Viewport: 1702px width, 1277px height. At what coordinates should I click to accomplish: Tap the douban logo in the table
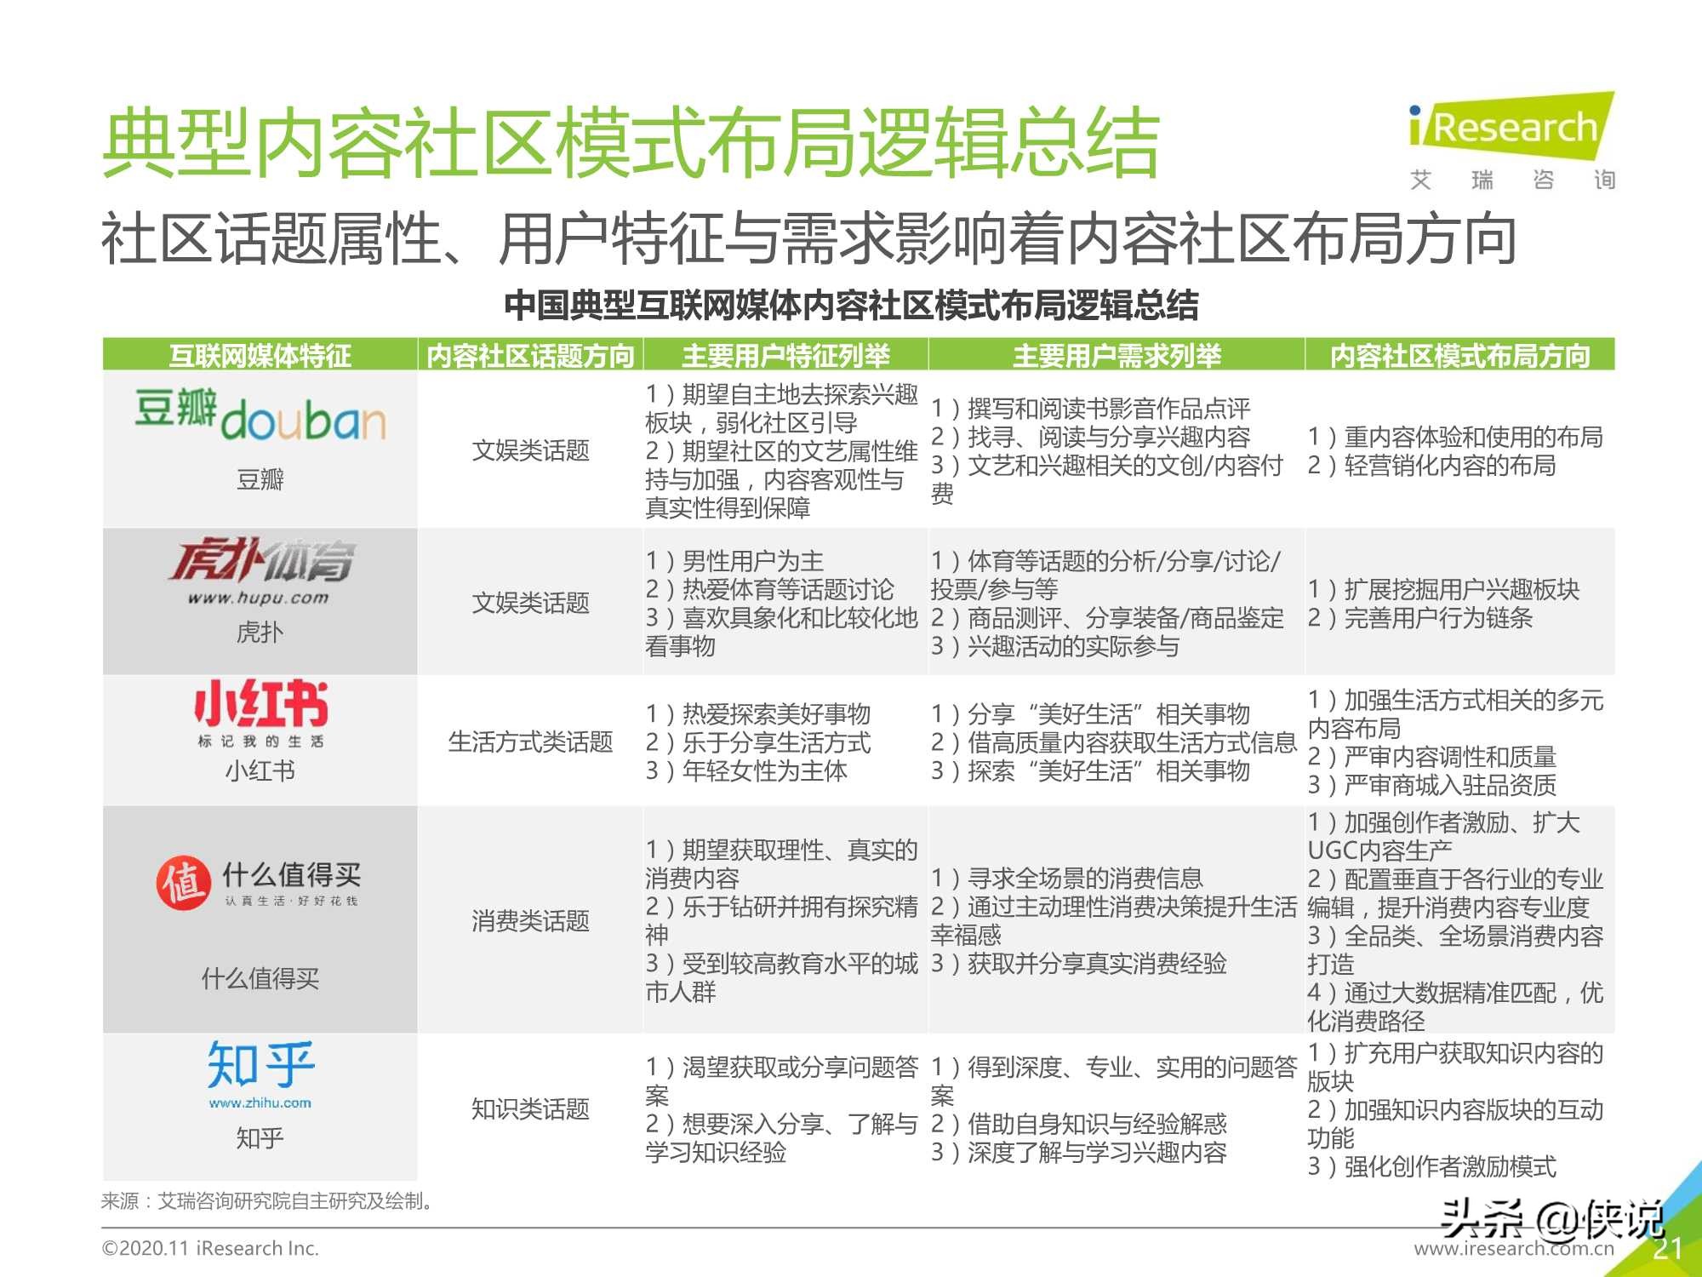(x=260, y=415)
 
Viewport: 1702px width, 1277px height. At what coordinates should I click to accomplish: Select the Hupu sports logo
(x=260, y=570)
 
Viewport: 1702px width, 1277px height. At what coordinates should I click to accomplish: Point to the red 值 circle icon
(x=183, y=882)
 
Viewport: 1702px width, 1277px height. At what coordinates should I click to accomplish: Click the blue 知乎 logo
(x=260, y=1073)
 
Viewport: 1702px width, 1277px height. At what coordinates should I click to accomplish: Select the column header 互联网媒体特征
(x=260, y=355)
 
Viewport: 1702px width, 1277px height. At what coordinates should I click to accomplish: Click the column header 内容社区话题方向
(x=530, y=355)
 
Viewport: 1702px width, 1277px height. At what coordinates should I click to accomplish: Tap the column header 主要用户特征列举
(x=785, y=355)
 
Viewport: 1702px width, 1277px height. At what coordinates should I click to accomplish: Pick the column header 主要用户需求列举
(x=1117, y=355)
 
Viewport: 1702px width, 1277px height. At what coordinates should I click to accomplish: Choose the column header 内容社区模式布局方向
(x=1459, y=355)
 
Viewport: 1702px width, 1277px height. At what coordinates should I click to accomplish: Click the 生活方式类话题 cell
(x=530, y=742)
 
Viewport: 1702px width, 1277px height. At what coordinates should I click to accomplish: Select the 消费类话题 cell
(x=530, y=921)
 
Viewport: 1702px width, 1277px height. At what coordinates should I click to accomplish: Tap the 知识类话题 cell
(x=530, y=1109)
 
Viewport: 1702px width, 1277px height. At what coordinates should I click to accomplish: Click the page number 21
(x=1667, y=1249)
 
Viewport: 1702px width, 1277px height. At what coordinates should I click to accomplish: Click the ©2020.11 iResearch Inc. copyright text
(x=210, y=1249)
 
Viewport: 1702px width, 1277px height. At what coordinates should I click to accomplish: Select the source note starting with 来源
(x=269, y=1201)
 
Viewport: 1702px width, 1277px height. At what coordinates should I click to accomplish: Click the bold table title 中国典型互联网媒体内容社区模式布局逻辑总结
(x=851, y=306)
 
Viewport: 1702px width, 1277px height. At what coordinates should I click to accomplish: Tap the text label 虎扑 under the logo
(x=260, y=633)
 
